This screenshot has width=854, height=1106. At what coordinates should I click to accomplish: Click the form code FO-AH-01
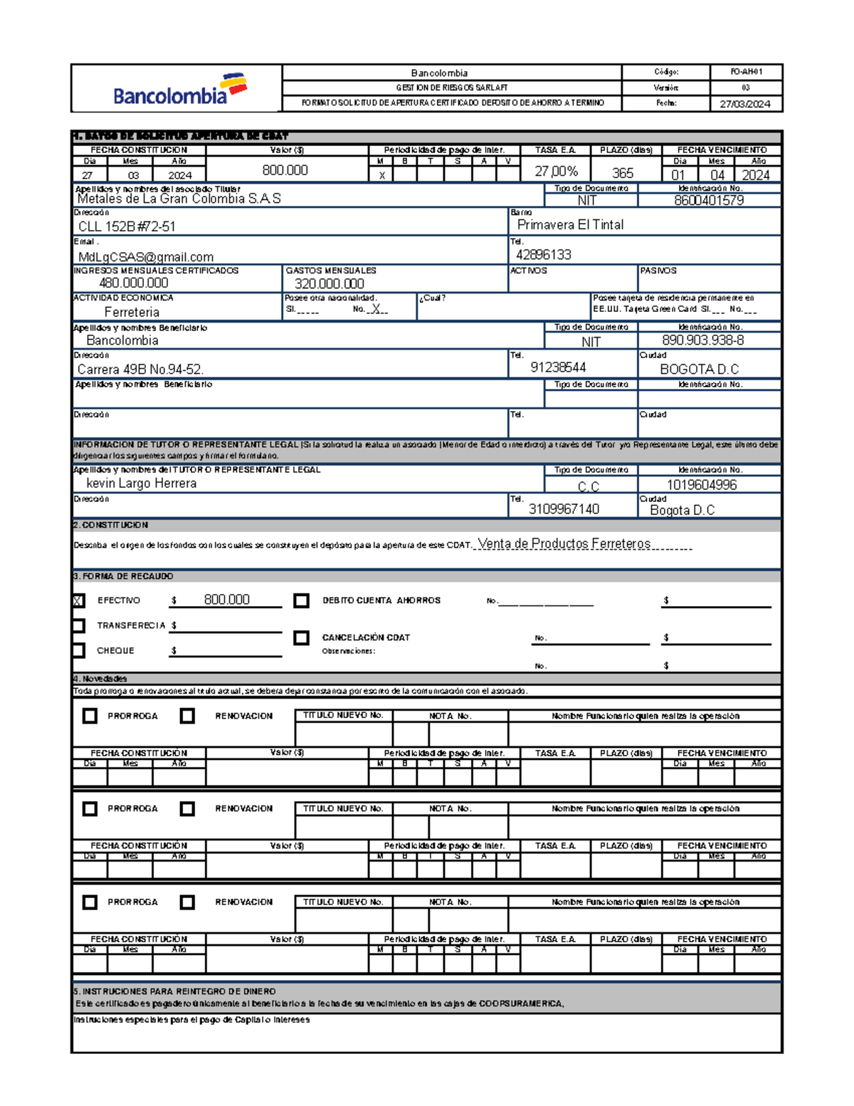pos(746,72)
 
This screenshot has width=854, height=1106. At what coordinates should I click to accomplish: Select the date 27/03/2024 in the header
pos(745,104)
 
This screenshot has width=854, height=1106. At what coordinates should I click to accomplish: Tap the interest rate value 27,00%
pos(557,172)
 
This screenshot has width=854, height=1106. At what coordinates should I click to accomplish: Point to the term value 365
pos(623,173)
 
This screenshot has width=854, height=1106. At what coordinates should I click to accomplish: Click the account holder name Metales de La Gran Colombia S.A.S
pos(179,199)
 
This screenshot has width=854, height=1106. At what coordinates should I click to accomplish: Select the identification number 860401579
pos(709,201)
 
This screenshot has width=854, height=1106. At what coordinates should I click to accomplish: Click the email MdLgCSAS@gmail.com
pos(146,257)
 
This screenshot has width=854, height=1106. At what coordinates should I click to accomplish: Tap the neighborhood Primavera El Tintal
pos(570,225)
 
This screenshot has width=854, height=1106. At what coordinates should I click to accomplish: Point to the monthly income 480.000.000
pos(134,283)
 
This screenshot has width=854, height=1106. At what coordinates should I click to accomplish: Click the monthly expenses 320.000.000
pos(330,283)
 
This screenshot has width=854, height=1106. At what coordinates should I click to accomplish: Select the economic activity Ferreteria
pos(132,313)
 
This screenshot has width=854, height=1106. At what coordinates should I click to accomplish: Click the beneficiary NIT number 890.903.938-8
pos(703,340)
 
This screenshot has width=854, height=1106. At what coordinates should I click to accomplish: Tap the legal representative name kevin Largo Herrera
pos(141,484)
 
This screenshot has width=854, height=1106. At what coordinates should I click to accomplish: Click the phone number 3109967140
pos(564,509)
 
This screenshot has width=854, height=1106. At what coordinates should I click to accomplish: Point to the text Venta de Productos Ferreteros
pos(564,544)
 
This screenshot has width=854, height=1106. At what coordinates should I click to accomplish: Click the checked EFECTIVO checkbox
pos(78,601)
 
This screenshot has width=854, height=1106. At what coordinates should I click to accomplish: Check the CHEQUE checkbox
pos(78,651)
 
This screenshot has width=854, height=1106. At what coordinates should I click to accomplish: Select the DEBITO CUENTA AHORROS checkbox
pos(302,601)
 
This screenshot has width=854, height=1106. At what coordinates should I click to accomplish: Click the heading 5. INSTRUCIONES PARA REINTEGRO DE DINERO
pos(174,991)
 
